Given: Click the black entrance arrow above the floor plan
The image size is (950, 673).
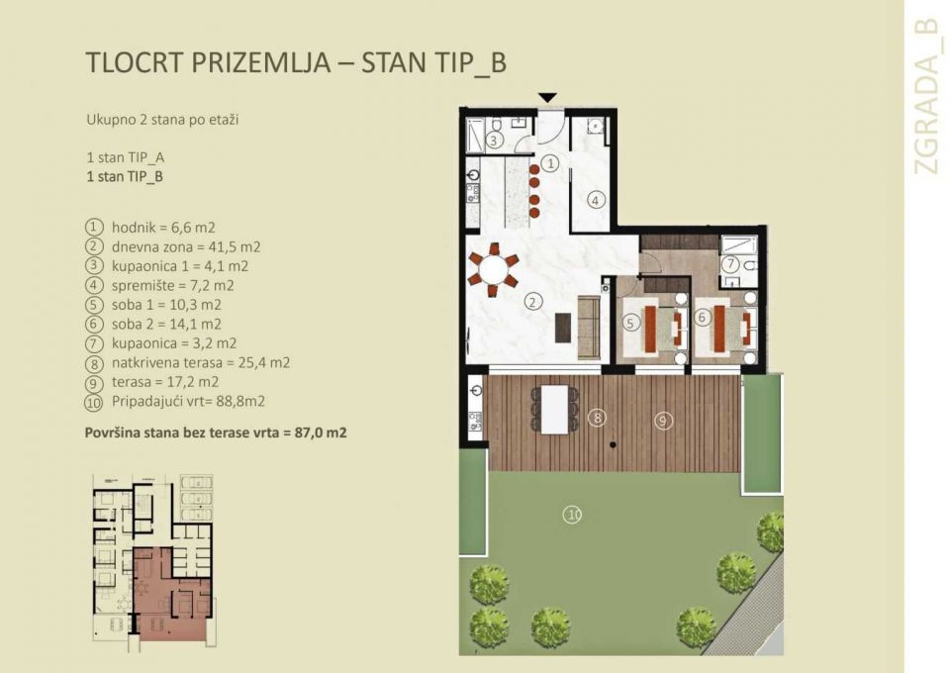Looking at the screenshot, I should click(547, 97).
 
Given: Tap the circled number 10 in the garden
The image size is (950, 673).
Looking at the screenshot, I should click(571, 513).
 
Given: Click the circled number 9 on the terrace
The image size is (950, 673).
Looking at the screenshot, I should click(662, 421).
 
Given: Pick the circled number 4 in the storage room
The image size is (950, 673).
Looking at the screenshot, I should click(595, 199).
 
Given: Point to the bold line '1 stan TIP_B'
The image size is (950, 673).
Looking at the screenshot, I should click(125, 177).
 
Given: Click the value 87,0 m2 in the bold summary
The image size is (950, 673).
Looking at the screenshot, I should click(321, 433).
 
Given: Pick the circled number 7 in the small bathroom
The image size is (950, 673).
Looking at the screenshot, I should click(729, 264).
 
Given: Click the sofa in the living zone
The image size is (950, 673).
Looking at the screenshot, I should click(589, 325).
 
